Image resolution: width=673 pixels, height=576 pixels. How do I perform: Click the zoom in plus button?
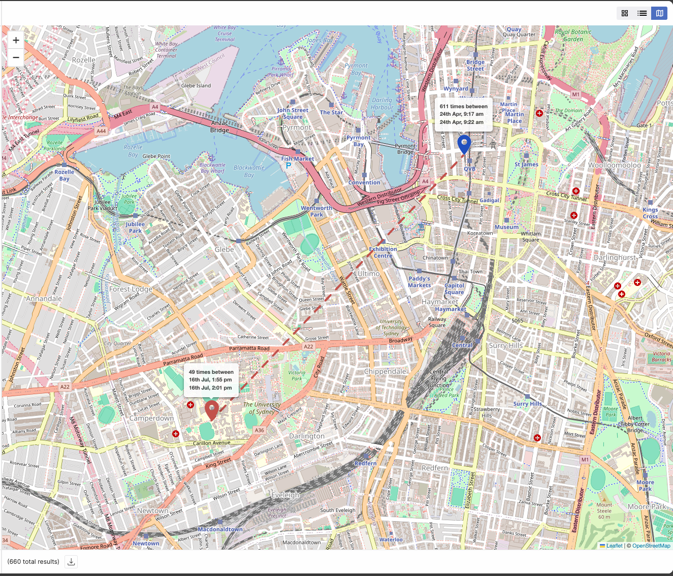(x=16, y=40)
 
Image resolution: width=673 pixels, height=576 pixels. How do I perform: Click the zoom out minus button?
(x=16, y=57)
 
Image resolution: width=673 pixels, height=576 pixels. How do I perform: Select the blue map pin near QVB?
(x=464, y=144)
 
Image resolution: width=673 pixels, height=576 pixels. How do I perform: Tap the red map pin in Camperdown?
(x=211, y=409)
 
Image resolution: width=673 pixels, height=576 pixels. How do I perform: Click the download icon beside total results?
(x=72, y=561)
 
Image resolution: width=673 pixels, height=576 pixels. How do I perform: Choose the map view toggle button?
(x=659, y=13)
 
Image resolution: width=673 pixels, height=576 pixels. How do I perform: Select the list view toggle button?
(x=642, y=13)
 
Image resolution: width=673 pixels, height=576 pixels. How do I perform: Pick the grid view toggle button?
(x=625, y=13)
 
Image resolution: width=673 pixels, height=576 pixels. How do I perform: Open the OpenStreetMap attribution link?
(x=651, y=546)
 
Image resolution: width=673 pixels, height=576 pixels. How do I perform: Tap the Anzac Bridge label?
(x=219, y=126)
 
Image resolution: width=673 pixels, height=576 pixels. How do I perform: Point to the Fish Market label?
(x=298, y=158)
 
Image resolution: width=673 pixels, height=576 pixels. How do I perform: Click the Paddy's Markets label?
(x=420, y=282)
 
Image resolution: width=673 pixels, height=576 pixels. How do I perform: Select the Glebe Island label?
(x=196, y=85)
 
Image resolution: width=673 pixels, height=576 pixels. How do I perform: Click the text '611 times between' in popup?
(x=463, y=107)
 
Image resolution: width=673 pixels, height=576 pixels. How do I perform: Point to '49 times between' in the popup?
(x=211, y=372)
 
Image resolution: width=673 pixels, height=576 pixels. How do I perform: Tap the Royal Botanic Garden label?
(x=573, y=36)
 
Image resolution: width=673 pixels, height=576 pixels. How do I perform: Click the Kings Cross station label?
(x=650, y=213)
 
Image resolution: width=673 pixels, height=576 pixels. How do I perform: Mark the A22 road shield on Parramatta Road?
(x=308, y=346)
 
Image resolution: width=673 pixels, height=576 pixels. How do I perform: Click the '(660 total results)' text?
(x=34, y=561)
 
